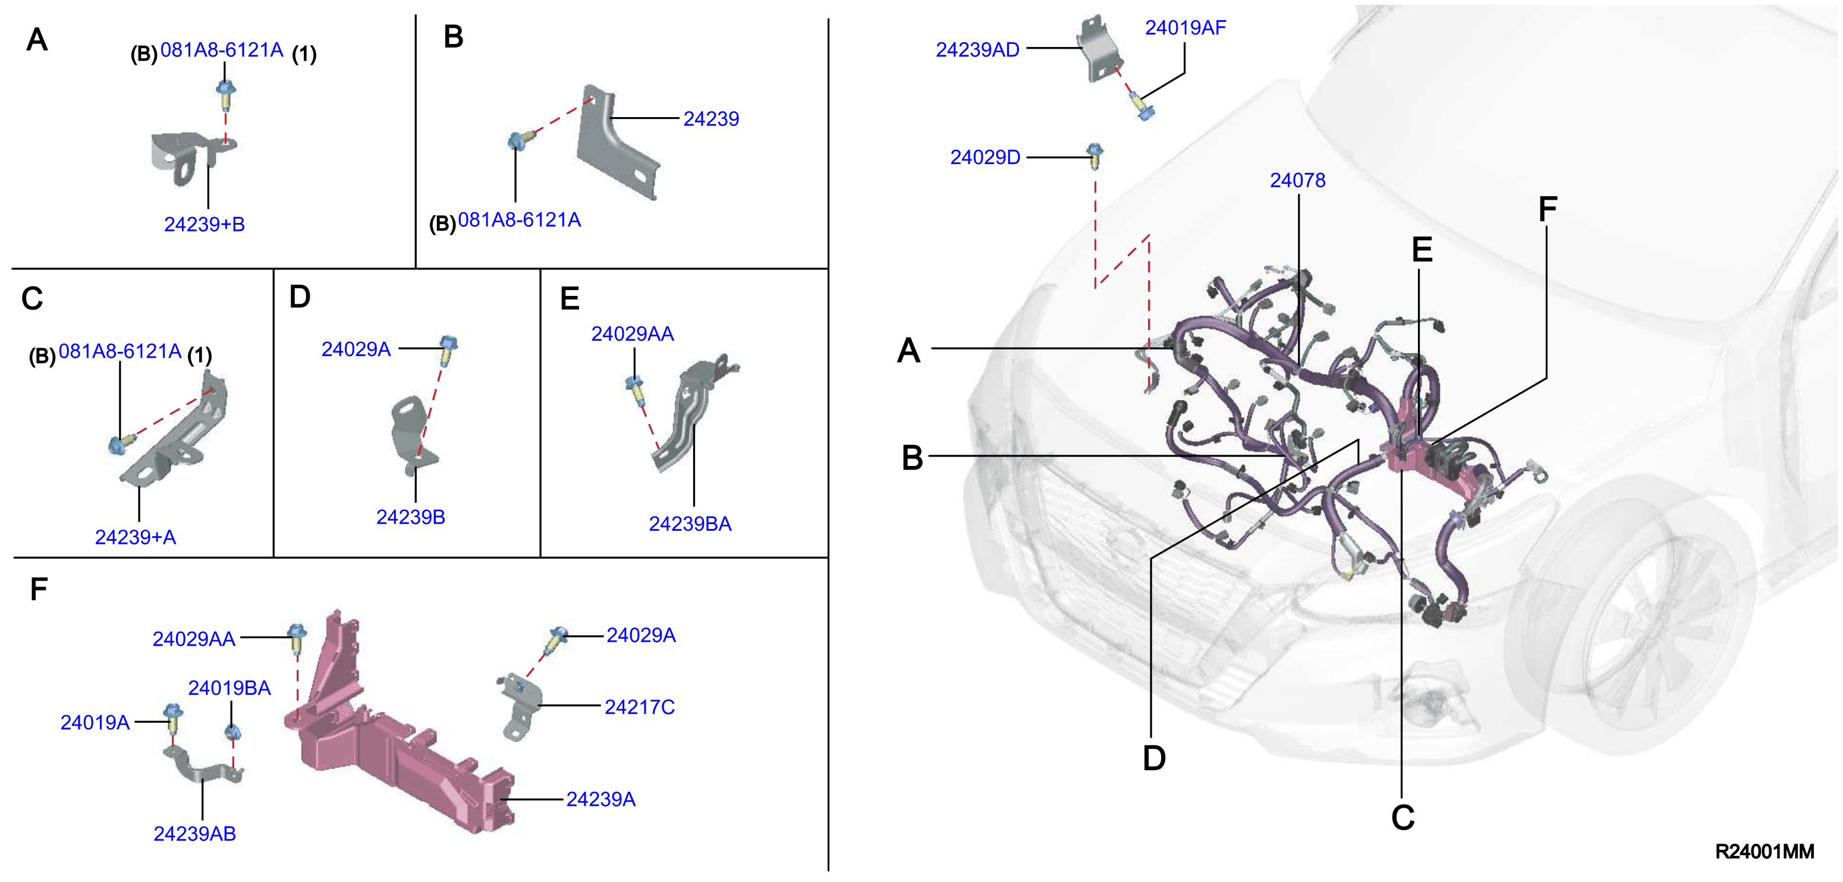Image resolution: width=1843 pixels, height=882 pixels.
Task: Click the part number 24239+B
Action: [x=205, y=225]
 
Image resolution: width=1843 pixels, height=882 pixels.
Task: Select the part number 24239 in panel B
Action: [x=710, y=119]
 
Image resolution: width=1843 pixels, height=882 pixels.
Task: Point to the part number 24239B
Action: [x=411, y=517]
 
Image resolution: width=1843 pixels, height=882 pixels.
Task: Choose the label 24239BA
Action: [x=690, y=524]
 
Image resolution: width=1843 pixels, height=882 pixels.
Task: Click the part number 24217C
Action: [x=640, y=707]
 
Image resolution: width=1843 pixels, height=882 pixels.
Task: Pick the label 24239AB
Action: [x=194, y=834]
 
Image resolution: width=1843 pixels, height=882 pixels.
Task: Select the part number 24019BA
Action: [x=229, y=688]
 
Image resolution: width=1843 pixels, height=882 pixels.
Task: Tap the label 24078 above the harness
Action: [x=1297, y=180]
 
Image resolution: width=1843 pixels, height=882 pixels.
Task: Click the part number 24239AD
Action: [x=977, y=50]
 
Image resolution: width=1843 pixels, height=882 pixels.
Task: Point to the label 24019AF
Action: [x=1185, y=28]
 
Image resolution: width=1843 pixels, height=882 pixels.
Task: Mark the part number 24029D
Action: [x=985, y=157]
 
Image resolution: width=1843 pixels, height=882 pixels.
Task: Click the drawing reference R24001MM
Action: [x=1765, y=851]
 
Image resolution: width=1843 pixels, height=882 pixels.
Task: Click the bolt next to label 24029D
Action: [x=1095, y=156]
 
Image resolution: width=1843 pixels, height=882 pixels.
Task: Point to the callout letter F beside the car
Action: [x=1547, y=210]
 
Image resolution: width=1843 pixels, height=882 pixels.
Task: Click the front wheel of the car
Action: [x=1638, y=629]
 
